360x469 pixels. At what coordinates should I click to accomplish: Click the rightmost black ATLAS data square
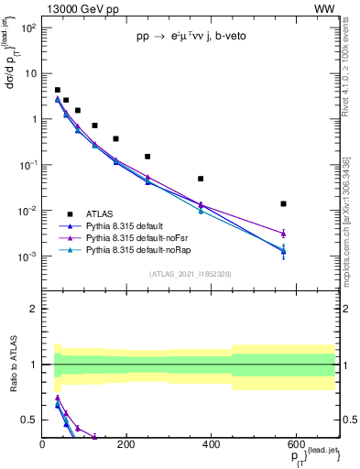(x=283, y=203)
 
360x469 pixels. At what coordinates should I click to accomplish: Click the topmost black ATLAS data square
(x=57, y=90)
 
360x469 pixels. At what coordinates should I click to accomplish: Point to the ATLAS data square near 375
(x=201, y=179)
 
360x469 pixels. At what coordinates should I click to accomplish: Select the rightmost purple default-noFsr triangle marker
(x=283, y=234)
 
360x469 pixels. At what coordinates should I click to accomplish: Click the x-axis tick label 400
(x=211, y=443)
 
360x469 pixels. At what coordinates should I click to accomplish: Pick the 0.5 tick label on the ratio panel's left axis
(x=28, y=420)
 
